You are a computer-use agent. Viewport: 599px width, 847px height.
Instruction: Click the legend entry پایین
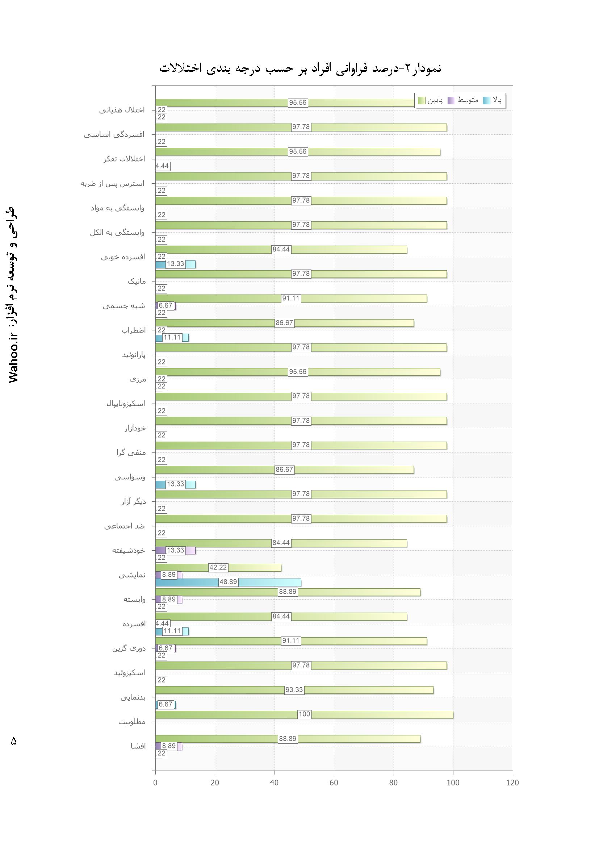click(x=431, y=100)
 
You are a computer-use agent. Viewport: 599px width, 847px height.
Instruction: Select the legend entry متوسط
click(x=463, y=100)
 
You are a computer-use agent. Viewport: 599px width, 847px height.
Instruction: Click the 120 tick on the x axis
click(x=512, y=783)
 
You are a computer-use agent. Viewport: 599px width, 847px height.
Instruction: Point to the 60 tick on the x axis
click(x=334, y=783)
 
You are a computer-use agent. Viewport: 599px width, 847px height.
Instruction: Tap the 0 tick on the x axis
click(x=155, y=783)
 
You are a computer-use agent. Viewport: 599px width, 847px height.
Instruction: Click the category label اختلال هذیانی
click(x=122, y=110)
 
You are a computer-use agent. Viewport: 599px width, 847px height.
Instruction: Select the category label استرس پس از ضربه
click(x=112, y=183)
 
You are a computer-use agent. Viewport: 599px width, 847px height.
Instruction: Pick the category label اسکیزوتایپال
click(x=126, y=404)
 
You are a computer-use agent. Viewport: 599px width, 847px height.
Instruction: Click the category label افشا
click(x=138, y=746)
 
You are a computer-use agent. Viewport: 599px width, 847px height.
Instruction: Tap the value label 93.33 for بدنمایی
click(x=294, y=690)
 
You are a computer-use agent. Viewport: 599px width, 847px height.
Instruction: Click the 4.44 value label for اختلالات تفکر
click(x=162, y=166)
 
